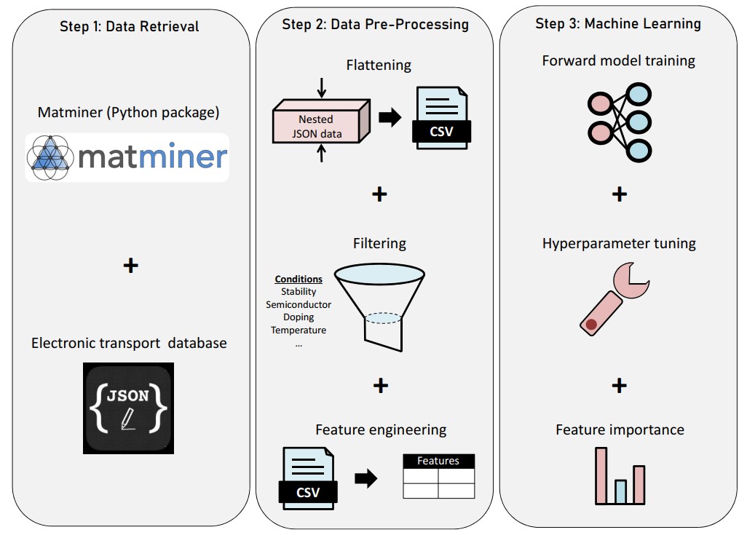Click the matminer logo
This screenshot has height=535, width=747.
click(127, 156)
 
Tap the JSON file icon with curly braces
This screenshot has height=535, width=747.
click(129, 408)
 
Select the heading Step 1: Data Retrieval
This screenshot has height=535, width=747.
click(130, 27)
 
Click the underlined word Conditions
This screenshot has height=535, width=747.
click(299, 280)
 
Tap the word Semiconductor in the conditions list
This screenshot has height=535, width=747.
click(299, 304)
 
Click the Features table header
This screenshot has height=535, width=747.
click(438, 461)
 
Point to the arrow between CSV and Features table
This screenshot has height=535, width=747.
click(365, 478)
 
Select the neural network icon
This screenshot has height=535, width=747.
click(618, 122)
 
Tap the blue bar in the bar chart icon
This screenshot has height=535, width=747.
click(620, 491)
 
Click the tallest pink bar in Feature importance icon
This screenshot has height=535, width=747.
click(601, 475)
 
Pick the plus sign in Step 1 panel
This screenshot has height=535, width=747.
click(130, 266)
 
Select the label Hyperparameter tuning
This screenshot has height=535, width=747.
click(619, 244)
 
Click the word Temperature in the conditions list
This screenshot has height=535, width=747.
click(299, 330)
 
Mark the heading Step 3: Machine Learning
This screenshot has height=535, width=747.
click(618, 23)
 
